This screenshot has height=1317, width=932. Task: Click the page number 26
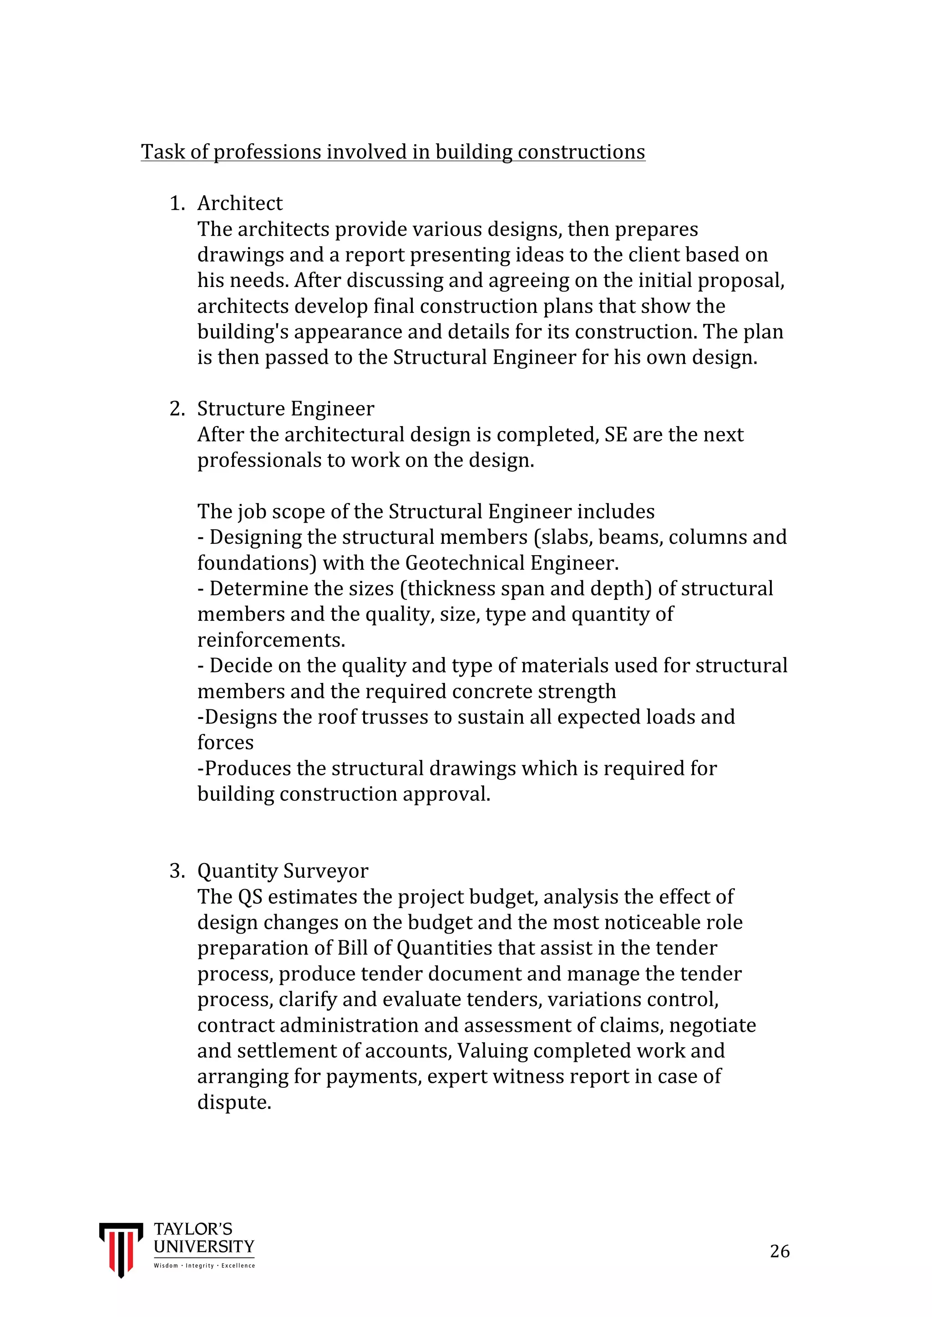point(780,1251)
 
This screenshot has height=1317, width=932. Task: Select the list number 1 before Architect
point(177,204)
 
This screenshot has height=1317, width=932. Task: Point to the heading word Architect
point(240,204)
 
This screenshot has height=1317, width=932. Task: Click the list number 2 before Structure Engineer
point(177,409)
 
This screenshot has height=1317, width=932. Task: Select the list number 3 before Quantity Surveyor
point(177,871)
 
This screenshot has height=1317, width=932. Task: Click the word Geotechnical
point(464,563)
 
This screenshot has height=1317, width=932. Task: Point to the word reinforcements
point(271,640)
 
